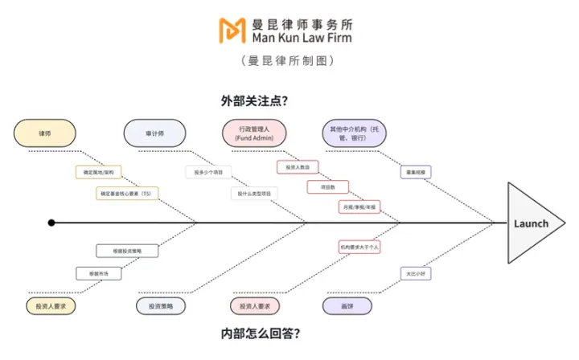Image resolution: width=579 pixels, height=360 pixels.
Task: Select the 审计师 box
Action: (x=154, y=133)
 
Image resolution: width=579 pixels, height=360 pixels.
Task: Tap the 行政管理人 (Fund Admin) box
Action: (x=256, y=133)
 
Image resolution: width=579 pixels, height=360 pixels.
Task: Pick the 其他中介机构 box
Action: (x=354, y=133)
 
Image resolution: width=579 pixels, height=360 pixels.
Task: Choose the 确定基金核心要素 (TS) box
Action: (x=127, y=194)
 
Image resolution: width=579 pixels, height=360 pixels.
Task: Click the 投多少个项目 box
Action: (x=208, y=172)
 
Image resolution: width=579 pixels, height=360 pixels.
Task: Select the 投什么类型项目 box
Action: (x=255, y=194)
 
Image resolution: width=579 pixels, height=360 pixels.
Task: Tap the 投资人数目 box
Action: (x=298, y=167)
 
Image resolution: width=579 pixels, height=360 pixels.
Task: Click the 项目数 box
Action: (x=327, y=187)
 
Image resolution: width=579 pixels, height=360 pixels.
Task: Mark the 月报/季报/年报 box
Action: (x=359, y=207)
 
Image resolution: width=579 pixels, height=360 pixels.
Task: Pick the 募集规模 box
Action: (x=416, y=172)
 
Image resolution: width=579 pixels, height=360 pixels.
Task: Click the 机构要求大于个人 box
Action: (x=359, y=247)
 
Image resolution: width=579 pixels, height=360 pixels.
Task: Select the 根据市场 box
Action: (x=98, y=273)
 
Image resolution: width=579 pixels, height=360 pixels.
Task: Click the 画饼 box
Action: (x=347, y=306)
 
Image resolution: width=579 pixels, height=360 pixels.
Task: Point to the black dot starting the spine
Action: (x=51, y=223)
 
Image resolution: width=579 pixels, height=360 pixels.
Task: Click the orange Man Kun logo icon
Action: (x=233, y=30)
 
